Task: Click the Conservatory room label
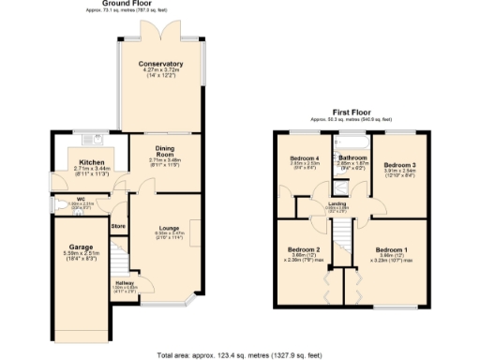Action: pyautogui.click(x=160, y=64)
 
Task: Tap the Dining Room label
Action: pyautogui.click(x=163, y=152)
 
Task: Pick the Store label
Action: pyautogui.click(x=118, y=226)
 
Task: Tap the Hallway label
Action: pyautogui.click(x=124, y=281)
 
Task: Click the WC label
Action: pyautogui.click(x=82, y=198)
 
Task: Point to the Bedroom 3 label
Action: pyautogui.click(x=398, y=165)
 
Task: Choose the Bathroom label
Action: pyautogui.click(x=352, y=157)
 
